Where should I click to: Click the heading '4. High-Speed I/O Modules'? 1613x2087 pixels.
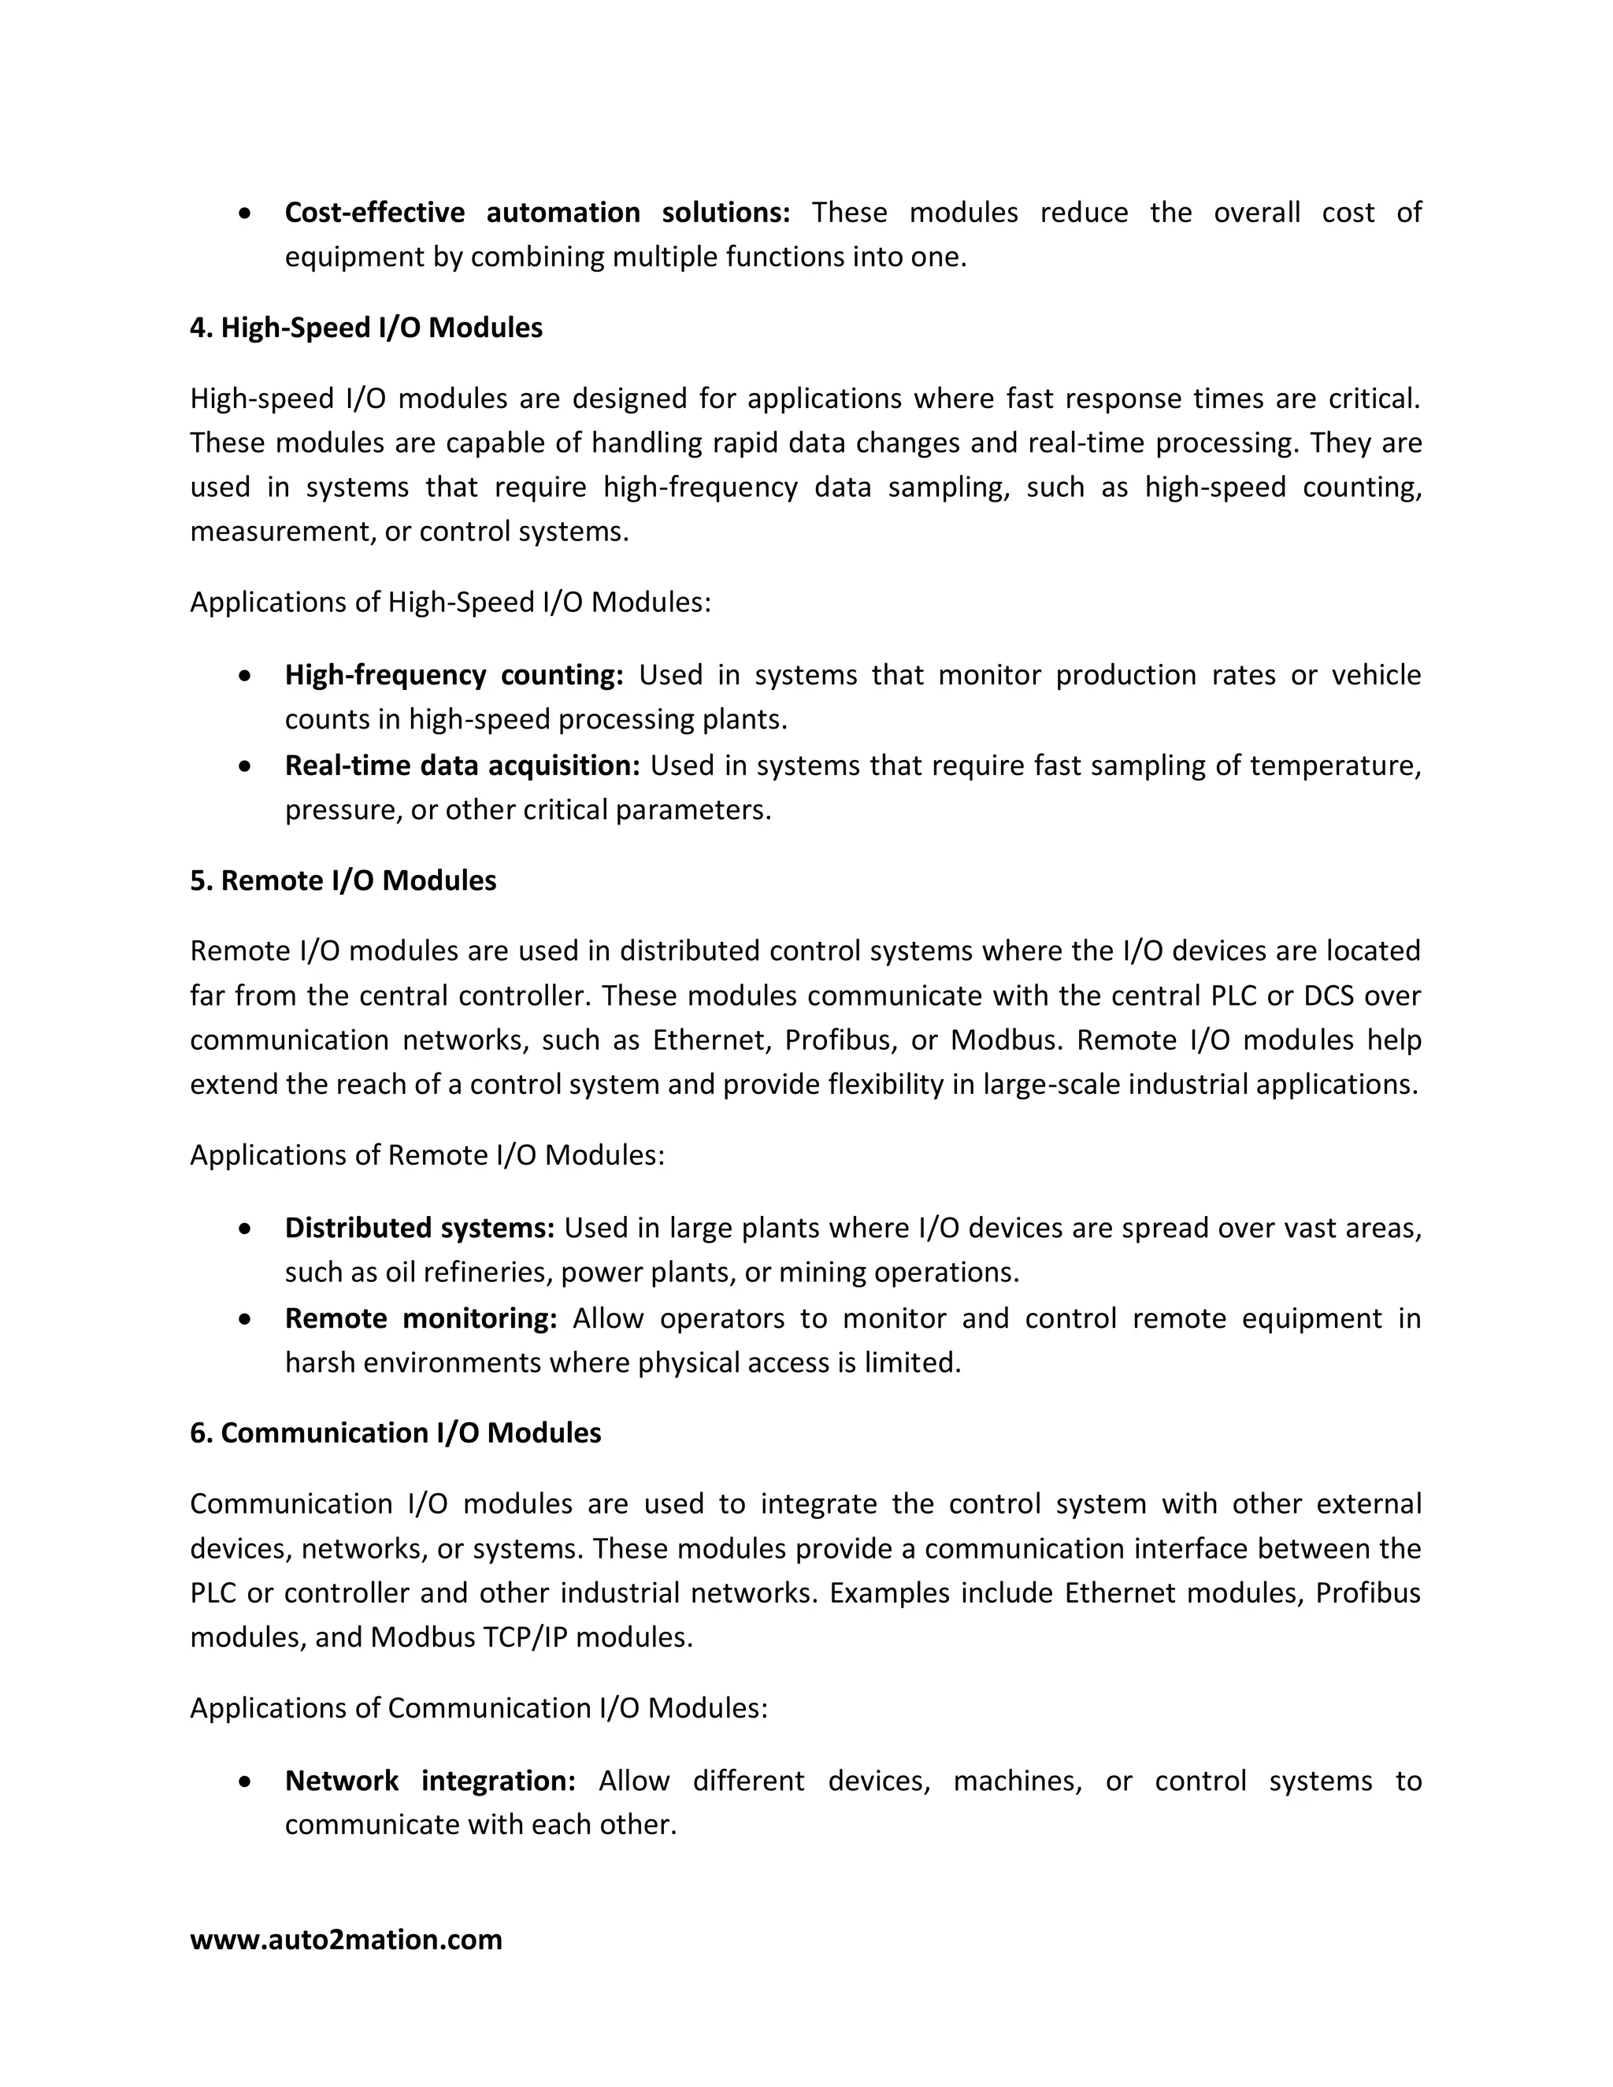coord(366,328)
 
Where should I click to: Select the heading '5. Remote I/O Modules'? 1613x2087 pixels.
coord(343,880)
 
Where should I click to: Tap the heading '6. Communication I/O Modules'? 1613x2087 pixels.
coord(395,1433)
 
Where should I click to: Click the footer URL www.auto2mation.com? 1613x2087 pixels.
coord(346,1939)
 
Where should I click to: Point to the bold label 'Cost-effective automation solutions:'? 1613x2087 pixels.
coord(537,212)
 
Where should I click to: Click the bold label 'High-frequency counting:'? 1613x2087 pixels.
coord(454,675)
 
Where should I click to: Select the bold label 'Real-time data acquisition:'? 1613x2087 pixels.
coord(462,765)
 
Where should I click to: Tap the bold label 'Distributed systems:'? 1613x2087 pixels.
coord(420,1227)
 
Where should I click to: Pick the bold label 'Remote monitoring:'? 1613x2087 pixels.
coord(421,1318)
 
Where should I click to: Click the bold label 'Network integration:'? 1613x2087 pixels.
coord(430,1781)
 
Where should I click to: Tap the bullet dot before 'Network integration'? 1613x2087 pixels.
coord(247,1782)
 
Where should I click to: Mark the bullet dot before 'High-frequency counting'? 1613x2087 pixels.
coord(247,677)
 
